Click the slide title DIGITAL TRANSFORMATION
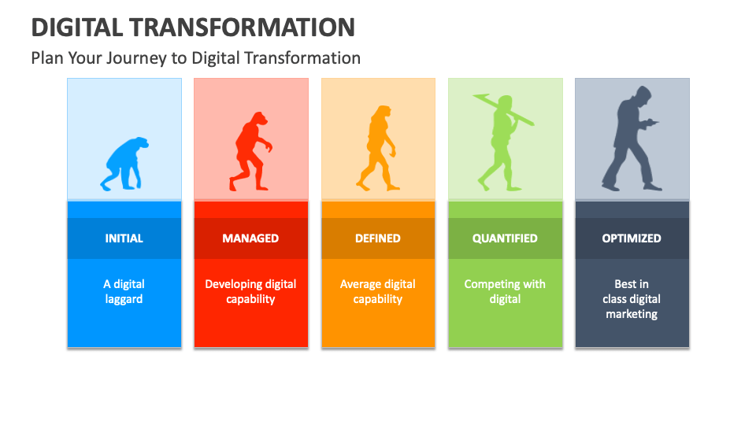pos(193,27)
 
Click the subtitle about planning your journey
pos(195,57)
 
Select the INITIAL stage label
pos(124,238)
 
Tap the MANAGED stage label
pos(250,238)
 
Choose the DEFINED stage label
pos(378,238)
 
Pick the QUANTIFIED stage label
pos(505,238)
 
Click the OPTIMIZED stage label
pos(632,238)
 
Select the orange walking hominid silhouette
pos(377,150)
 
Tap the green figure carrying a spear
pos(502,146)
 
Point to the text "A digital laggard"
pos(124,291)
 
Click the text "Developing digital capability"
pos(250,291)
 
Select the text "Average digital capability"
pos(378,291)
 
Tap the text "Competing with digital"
pos(505,291)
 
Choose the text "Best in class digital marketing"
pos(632,299)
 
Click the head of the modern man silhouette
pos(642,97)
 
